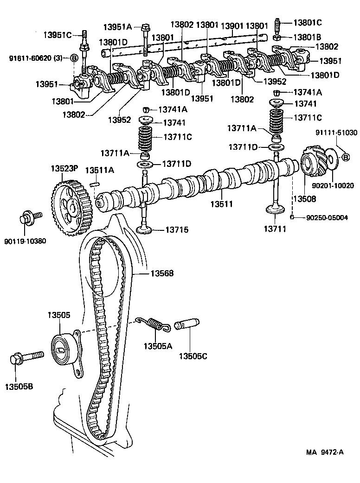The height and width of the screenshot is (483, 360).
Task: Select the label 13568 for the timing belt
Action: point(161,273)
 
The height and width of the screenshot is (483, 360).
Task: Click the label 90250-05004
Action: point(327,217)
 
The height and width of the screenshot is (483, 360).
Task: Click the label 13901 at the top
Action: point(231,25)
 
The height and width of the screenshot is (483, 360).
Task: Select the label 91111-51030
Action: point(337,133)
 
